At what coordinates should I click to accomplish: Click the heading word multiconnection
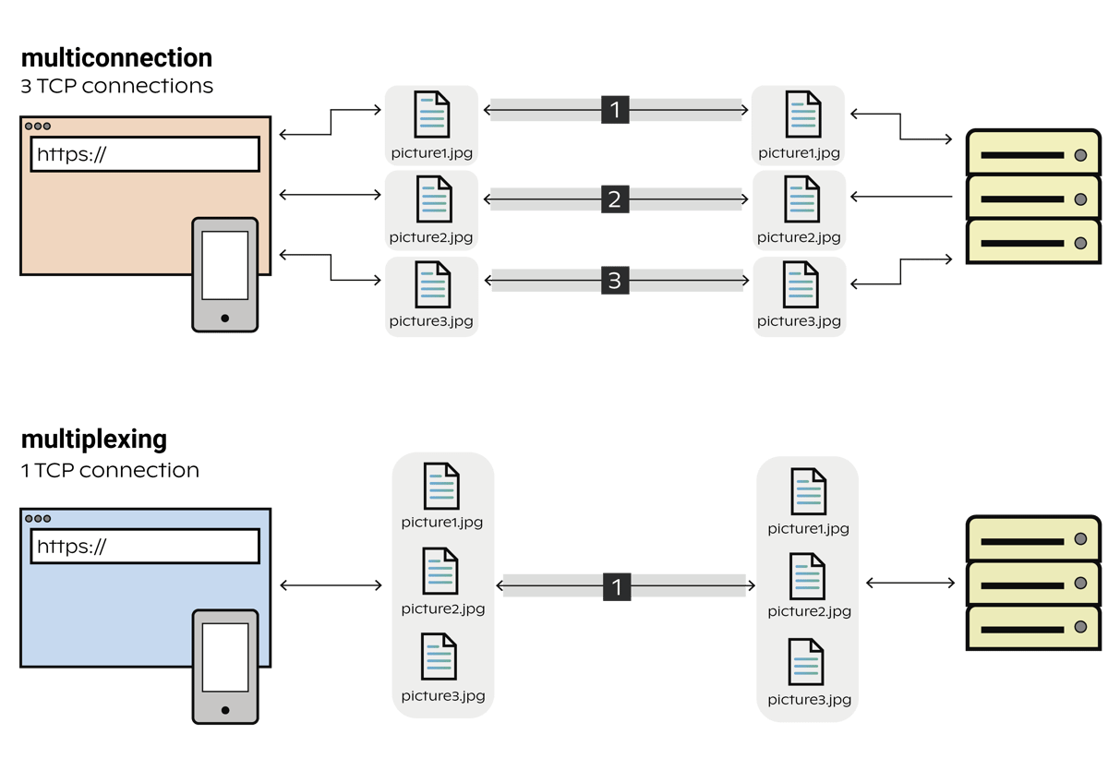[116, 59]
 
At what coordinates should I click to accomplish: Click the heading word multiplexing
[93, 440]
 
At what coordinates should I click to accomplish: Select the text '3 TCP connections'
[116, 87]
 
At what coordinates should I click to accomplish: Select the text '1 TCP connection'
[109, 471]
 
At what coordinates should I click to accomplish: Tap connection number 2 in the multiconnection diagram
[615, 199]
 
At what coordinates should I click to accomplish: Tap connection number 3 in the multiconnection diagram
[615, 281]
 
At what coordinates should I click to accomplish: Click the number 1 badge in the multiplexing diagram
[616, 586]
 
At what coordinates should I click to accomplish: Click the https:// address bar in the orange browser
[145, 154]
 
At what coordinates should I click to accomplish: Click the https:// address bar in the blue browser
[145, 547]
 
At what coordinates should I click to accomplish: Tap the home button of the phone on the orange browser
[224, 318]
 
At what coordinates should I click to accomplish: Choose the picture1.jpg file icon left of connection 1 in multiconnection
[431, 114]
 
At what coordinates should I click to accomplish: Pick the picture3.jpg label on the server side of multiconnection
[799, 321]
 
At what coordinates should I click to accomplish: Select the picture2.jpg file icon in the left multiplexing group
[440, 572]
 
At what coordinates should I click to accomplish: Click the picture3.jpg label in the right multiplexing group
[809, 700]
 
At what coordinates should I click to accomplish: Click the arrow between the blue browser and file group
[331, 585]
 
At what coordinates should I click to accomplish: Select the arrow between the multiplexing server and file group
[910, 583]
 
